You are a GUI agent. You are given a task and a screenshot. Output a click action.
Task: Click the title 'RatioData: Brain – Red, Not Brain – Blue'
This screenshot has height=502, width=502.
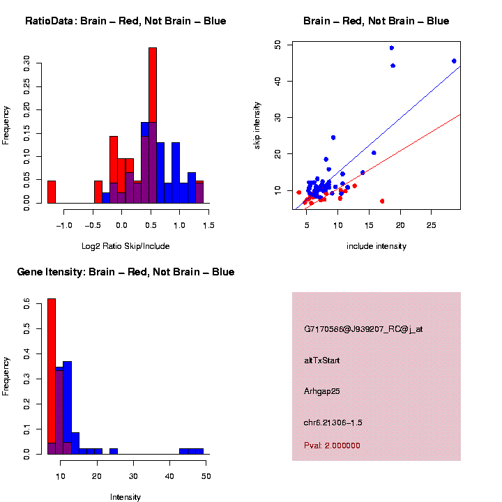point(125,21)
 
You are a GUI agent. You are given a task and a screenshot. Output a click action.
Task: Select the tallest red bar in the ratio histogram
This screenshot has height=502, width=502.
point(153,125)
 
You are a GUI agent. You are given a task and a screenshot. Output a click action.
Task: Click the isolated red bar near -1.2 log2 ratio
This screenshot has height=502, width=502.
point(51,192)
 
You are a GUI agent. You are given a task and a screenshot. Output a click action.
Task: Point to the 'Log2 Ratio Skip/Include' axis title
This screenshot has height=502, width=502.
point(125,246)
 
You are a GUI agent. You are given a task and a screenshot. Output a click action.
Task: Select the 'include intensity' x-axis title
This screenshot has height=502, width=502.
point(376,246)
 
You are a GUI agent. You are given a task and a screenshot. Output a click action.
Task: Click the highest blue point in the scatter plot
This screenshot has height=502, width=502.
point(392,48)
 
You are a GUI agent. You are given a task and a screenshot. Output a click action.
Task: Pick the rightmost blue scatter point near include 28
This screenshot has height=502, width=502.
point(454,61)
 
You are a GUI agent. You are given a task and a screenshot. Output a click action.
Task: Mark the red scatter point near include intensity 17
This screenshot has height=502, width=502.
point(382,201)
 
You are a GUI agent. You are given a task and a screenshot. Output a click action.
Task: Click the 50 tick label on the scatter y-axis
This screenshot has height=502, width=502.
point(277,45)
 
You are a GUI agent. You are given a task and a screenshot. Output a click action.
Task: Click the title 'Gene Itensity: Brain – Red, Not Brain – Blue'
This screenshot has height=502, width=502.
point(125,272)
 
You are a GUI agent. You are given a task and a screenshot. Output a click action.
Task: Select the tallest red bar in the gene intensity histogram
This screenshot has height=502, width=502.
point(51,376)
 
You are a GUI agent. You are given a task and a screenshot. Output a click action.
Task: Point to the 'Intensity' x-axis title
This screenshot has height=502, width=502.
point(125,497)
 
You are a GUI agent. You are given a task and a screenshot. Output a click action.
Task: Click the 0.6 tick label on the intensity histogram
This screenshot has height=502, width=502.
point(26,304)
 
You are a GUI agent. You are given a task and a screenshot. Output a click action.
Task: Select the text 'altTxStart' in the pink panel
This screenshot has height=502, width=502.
point(322,360)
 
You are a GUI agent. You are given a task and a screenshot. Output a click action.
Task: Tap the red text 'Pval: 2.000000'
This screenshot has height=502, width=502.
point(332,446)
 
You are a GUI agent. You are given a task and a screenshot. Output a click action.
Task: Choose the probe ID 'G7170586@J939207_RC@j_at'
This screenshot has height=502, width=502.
point(363,329)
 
